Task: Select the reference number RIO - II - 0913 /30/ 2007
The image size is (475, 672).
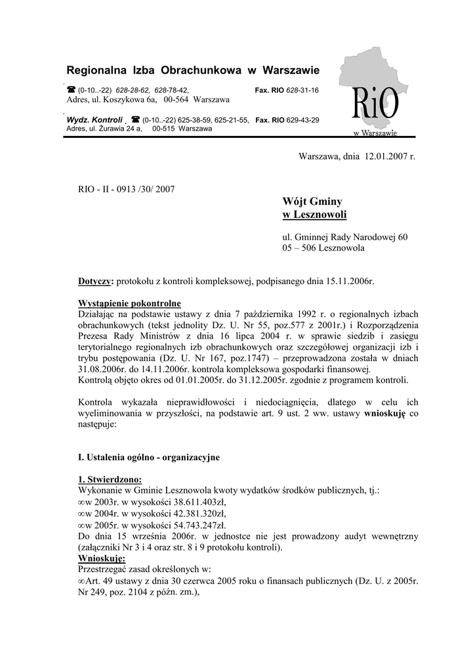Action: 127,189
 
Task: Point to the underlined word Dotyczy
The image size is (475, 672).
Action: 96,281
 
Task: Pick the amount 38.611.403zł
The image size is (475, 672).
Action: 195,501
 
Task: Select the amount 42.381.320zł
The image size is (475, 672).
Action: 195,513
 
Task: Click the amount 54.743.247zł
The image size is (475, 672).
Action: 195,525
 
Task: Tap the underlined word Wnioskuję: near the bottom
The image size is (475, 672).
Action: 102,558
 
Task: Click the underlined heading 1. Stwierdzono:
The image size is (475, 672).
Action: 110,478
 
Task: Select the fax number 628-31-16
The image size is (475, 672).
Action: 302,90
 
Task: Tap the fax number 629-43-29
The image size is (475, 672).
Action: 302,120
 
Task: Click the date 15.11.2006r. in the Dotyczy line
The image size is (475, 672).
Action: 349,281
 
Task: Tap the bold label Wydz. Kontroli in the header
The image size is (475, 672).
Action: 94,120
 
